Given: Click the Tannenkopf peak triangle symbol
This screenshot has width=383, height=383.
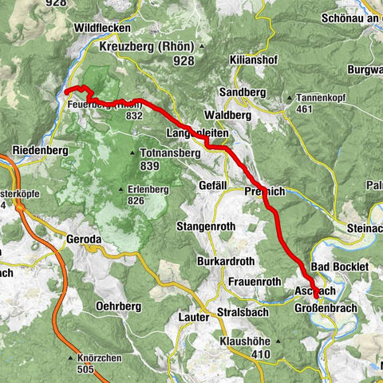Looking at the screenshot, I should pos(292,98).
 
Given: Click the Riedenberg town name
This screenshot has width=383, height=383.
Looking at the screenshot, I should pos(38,149).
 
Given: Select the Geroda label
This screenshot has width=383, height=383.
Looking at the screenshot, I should pos(85,238).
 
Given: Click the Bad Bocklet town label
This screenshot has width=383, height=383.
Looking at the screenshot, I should pos(339,265).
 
